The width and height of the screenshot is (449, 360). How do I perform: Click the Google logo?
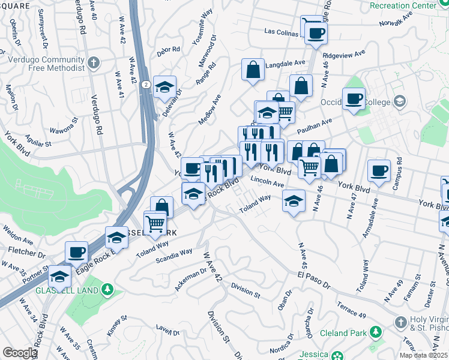19,353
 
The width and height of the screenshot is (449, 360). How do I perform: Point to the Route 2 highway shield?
146,85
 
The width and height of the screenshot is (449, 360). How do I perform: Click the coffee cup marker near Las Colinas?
316,33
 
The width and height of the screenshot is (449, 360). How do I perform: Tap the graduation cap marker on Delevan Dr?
164,88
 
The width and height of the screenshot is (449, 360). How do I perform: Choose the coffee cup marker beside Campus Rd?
379,171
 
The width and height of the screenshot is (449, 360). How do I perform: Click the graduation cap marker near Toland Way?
294,201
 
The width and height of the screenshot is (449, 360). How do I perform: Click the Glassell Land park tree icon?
107,290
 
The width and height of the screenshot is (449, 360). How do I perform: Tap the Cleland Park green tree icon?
376,331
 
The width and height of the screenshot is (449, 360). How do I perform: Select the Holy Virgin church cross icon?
400,323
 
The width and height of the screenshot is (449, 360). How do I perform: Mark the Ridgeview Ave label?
344,54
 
